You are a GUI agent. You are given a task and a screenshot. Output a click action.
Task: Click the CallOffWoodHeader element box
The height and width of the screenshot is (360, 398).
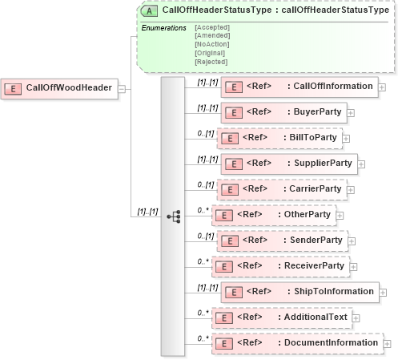click(60, 87)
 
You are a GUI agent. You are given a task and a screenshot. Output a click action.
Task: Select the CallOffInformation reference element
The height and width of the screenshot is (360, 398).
click(299, 87)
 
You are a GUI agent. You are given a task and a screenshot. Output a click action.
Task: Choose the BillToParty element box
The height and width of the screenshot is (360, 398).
click(280, 138)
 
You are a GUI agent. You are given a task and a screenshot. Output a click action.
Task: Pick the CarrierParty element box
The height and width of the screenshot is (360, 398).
click(280, 189)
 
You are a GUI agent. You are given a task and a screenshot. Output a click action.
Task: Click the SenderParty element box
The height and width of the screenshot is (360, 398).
click(280, 241)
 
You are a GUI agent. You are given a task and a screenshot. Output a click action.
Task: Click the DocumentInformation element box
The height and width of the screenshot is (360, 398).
click(295, 343)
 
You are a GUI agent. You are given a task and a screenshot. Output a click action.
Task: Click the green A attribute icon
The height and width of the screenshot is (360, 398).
click(149, 11)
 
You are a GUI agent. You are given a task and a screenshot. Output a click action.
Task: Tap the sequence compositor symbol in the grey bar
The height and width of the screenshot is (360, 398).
click(172, 216)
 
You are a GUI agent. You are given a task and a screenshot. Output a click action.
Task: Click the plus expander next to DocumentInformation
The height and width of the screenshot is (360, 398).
click(388, 344)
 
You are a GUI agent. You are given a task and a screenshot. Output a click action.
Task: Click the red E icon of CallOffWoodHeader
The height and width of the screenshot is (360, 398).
click(14, 87)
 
